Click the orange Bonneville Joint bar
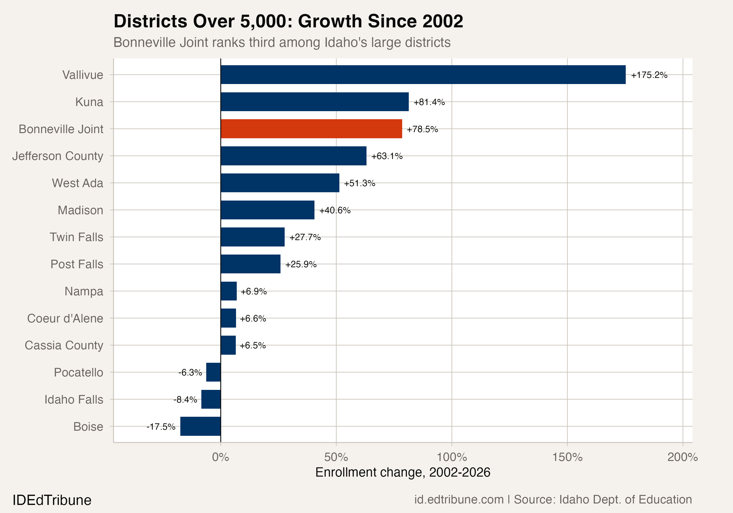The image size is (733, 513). [311, 129]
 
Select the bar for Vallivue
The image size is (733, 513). [423, 75]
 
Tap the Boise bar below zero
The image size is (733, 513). [201, 426]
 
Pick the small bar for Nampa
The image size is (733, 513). [229, 291]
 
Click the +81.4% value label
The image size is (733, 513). [429, 102]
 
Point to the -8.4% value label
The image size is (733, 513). [185, 400]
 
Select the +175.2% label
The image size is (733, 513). [649, 75]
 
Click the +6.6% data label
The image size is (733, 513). [253, 319]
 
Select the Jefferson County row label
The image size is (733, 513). [58, 156]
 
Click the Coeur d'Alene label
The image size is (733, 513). [65, 318]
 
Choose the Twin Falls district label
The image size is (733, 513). [77, 237]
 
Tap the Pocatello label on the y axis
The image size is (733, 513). [78, 373]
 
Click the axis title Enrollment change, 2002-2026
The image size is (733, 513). [403, 472]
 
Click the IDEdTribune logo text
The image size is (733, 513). [52, 500]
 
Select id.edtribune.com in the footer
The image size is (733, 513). [459, 500]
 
